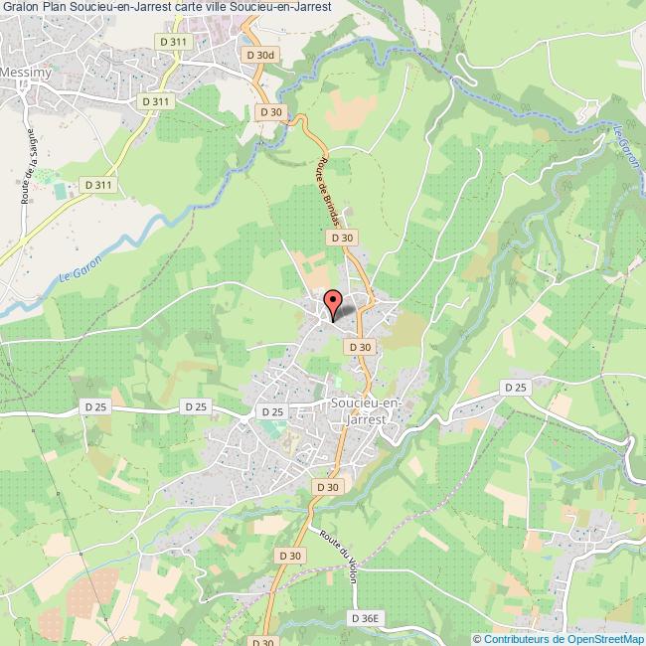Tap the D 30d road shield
tap(257, 55)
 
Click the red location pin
tap(332, 303)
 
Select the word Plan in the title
tap(55, 7)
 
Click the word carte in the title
tap(192, 7)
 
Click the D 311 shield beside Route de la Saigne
tap(98, 185)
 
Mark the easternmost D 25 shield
tap(515, 387)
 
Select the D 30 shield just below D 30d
tap(271, 112)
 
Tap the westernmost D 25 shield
tap(95, 406)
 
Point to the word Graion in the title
tap(19, 7)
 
